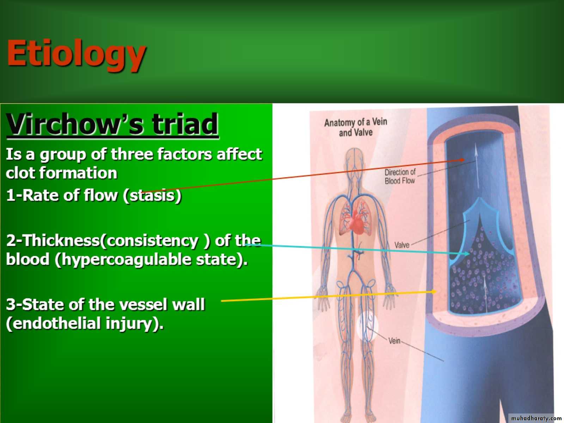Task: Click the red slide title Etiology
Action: [x=76, y=54]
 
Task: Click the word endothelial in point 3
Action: [x=54, y=323]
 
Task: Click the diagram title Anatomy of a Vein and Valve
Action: [x=356, y=127]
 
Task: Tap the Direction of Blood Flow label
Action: [x=400, y=177]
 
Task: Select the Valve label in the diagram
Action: [x=402, y=245]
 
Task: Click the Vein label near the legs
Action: [x=394, y=341]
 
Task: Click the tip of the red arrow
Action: [x=464, y=159]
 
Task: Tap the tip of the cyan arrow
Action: [x=470, y=254]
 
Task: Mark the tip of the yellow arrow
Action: [x=436, y=292]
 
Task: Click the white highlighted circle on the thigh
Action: [x=367, y=326]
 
